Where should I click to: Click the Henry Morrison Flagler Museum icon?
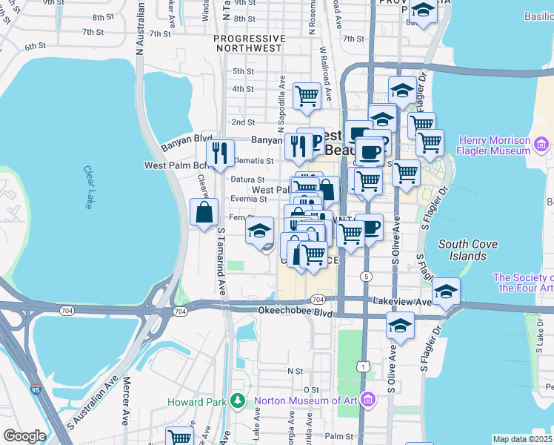click(541, 145)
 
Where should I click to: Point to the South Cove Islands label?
click(463, 250)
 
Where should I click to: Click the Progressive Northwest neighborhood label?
click(248, 43)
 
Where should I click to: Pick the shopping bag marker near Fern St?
click(204, 213)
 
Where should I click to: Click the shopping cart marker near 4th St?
click(306, 95)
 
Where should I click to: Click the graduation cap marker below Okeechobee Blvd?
click(400, 326)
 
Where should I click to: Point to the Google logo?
click(24, 436)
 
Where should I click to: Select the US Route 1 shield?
click(361, 366)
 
